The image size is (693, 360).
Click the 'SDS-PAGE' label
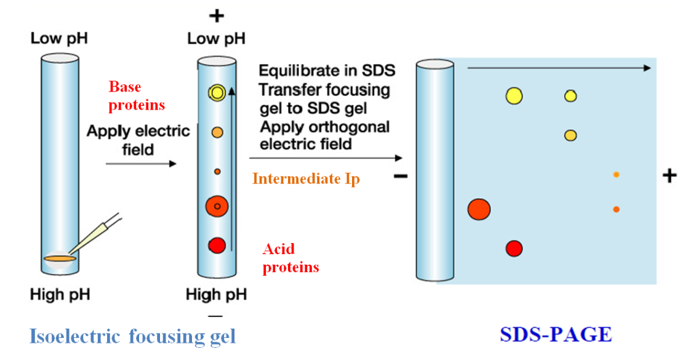click(x=556, y=334)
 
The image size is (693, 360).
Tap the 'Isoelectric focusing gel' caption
click(x=132, y=336)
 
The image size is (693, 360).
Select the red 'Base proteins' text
click(x=137, y=96)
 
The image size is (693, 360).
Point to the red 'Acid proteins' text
click(x=290, y=258)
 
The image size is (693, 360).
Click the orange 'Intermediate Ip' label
click(x=306, y=179)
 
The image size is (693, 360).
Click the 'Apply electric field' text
click(x=138, y=140)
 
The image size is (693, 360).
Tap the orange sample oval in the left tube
click(x=60, y=258)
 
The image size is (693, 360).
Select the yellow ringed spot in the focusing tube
click(x=217, y=92)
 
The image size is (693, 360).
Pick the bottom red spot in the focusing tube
click(x=217, y=245)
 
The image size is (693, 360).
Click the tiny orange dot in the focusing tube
click(x=217, y=172)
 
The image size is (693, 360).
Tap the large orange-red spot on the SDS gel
click(x=479, y=209)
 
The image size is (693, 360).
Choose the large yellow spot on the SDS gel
click(x=514, y=95)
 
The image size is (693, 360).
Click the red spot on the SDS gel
click(x=514, y=248)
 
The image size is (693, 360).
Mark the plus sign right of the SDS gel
click(x=669, y=176)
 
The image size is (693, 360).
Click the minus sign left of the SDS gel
click(x=400, y=177)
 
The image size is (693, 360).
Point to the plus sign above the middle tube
click(x=216, y=16)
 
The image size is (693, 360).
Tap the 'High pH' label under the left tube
click(x=60, y=295)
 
